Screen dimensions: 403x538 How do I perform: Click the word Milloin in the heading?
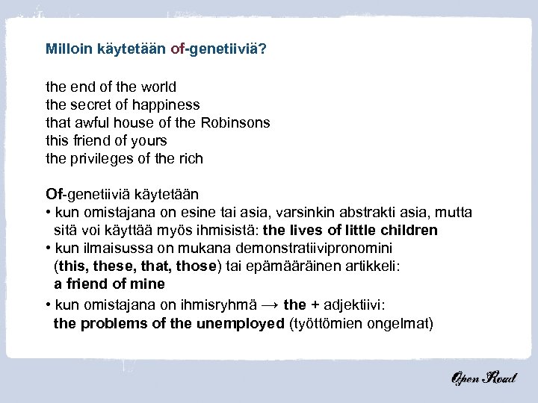[x=69, y=49]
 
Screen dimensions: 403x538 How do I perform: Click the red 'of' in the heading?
[x=177, y=49]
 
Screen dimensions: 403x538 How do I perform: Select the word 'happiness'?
[x=168, y=104]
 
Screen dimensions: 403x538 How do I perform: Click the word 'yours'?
[x=149, y=140]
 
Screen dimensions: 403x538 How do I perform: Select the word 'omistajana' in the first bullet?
[x=109, y=213]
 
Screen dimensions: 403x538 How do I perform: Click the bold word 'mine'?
[x=148, y=284]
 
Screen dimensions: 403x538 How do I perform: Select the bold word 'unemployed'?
[x=240, y=324]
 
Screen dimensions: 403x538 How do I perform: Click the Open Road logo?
[x=482, y=378]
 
